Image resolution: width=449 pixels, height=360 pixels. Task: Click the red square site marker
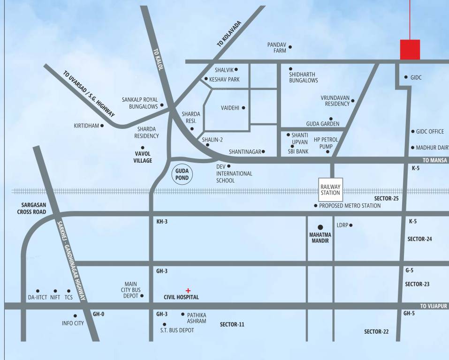pos(410,50)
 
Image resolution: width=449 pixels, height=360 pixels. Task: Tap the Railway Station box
pos(330,189)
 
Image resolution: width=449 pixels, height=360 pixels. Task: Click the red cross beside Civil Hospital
pos(188,291)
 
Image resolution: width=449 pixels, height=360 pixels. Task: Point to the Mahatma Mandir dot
pos(320,226)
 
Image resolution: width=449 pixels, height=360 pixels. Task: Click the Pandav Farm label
pos(277,47)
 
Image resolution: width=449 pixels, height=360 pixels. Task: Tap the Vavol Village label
pos(144,157)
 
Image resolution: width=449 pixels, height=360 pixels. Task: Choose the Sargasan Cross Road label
pos(40,209)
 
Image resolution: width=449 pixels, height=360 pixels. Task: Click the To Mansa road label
pos(435,160)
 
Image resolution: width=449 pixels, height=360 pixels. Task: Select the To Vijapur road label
pos(434,306)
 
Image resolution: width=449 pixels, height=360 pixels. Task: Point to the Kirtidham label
pos(86,126)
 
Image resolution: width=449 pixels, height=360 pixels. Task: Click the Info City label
pos(73,323)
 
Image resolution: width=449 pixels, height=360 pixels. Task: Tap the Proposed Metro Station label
pos(350,206)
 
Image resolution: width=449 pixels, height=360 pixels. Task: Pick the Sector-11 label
pos(232,324)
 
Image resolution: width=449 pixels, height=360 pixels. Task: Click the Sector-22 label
pos(376,331)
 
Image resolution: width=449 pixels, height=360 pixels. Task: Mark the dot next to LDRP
pos(351,225)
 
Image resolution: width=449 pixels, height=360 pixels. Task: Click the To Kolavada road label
pos(229,34)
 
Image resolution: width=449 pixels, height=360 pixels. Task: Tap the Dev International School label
pos(234,173)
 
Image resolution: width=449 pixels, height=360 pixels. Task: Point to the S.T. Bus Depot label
pos(177,330)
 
